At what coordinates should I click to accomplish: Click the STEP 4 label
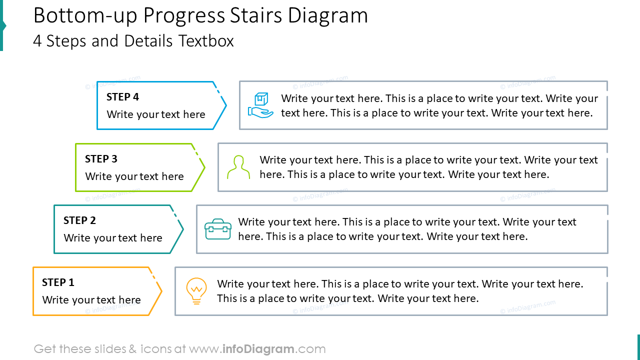point(122,97)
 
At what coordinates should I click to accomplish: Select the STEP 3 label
point(101,159)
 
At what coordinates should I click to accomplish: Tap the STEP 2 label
point(79,220)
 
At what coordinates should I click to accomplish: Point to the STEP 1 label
point(58,282)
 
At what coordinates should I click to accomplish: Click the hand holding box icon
point(261,105)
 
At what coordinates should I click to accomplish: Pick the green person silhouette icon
point(238,167)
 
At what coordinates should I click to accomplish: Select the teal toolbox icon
point(218,229)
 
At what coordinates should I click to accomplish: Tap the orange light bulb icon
point(196,291)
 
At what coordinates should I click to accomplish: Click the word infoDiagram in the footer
point(258,349)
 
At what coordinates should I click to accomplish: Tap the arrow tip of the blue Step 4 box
point(226,105)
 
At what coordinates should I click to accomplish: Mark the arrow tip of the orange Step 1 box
point(161,291)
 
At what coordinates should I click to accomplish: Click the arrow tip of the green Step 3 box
point(204,167)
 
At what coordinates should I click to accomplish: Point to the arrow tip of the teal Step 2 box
point(183,229)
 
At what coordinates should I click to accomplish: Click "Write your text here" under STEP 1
point(91,300)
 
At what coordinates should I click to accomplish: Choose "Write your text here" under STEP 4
point(156,114)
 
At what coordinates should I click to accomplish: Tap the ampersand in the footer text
point(132,349)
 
